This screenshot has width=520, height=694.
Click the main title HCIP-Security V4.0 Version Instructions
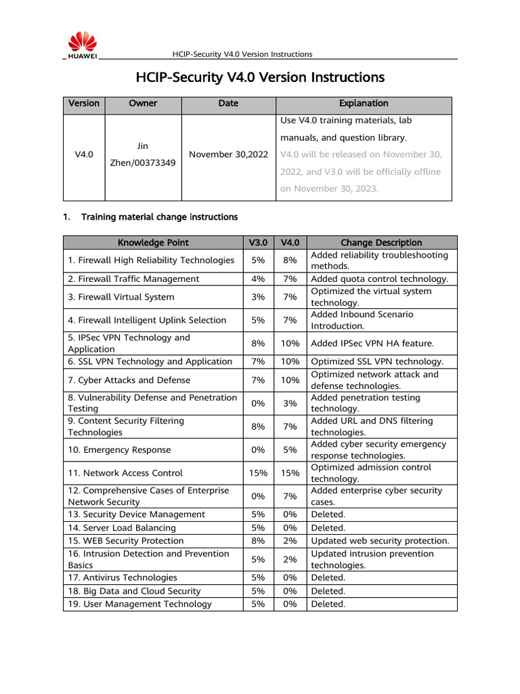tap(260, 77)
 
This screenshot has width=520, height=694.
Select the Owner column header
tap(143, 104)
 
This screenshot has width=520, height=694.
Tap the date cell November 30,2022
tap(228, 155)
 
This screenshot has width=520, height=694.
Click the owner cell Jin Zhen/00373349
tap(143, 155)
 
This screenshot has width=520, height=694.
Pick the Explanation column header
tap(364, 104)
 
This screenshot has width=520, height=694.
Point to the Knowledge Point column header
tap(153, 243)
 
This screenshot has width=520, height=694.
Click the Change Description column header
tap(381, 243)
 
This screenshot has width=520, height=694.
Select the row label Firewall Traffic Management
tap(133, 279)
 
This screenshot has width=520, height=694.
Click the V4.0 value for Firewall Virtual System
tap(290, 297)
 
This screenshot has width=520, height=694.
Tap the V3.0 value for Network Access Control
tap(258, 473)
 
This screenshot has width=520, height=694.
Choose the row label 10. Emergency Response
tap(119, 450)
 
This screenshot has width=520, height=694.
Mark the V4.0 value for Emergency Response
tap(290, 450)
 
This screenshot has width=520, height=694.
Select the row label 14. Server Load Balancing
tap(121, 527)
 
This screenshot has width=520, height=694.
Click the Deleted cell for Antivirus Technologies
tap(328, 577)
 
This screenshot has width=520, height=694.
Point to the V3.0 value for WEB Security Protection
tap(258, 541)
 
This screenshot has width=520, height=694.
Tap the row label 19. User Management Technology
tap(139, 604)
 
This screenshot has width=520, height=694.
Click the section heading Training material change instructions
tap(159, 218)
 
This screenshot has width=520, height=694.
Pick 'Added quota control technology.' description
tap(379, 279)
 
